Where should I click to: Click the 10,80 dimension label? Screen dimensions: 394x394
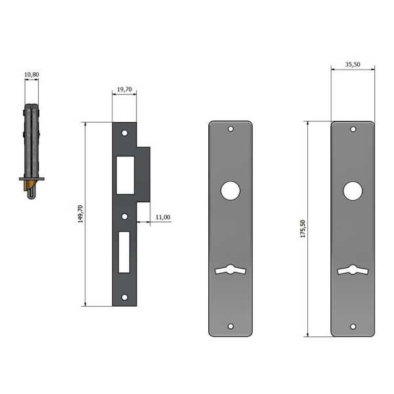[x=32, y=75]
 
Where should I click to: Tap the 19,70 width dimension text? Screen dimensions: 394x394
[x=124, y=89]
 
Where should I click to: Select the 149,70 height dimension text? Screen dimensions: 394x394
[x=80, y=214]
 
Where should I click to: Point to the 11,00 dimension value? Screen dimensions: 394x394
[x=163, y=217]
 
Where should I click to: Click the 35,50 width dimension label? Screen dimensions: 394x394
[x=353, y=64]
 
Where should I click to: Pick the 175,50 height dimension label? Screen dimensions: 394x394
[x=303, y=229]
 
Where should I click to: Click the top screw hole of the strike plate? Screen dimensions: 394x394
[x=125, y=133]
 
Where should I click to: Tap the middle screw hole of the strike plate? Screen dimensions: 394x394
[x=125, y=216]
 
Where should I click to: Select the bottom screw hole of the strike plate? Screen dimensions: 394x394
[x=125, y=297]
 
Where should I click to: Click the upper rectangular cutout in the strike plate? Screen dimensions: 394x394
[x=125, y=175]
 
